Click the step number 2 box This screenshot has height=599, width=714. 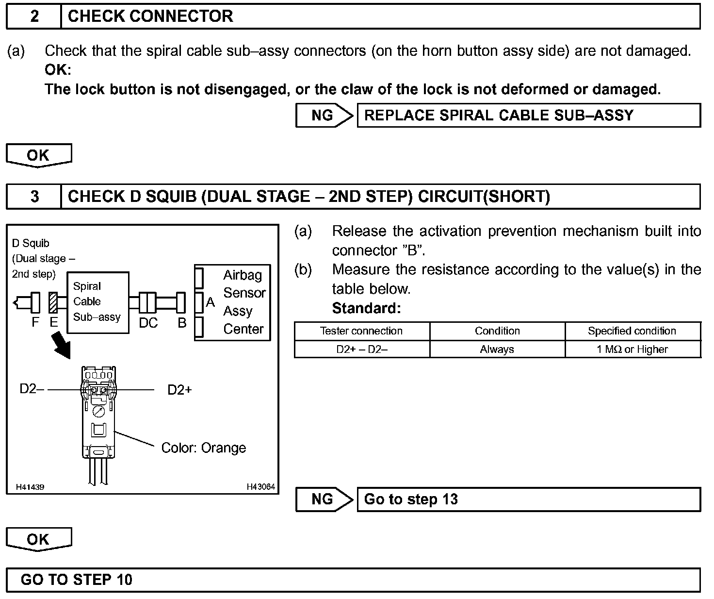coord(34,17)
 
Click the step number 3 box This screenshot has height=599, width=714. coord(34,197)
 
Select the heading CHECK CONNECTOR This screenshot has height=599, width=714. coord(150,17)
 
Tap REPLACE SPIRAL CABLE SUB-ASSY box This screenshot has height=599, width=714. coord(528,116)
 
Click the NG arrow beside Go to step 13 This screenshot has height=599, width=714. coord(324,499)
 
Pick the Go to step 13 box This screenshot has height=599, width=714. coord(528,499)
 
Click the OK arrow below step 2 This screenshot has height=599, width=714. coord(39,155)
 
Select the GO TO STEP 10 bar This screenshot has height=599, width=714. coord(353,580)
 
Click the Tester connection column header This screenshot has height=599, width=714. coord(361,331)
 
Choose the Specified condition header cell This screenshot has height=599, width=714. coord(632,331)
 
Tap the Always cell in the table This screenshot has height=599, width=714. coord(497,349)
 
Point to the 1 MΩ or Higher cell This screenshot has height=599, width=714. coord(632,349)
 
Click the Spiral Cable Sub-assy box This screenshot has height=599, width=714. coord(97,302)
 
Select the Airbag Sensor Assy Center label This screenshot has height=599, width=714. coord(243,302)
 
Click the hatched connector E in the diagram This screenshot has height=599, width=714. coord(53,303)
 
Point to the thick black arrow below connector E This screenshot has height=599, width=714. coord(62,344)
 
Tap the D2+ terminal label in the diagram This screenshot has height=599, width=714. coord(179,390)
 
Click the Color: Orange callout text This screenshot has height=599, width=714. coord(203,448)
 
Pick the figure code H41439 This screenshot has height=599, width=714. coord(30,487)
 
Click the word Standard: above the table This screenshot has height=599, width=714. coord(366,308)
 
